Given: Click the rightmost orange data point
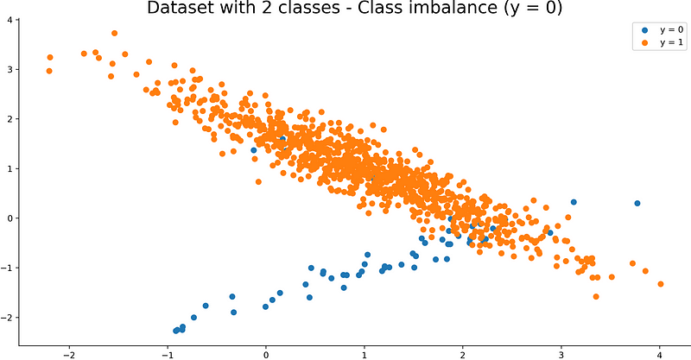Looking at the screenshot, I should (x=661, y=284).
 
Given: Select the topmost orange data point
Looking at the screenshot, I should (x=114, y=34).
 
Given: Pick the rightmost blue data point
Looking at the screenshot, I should (x=637, y=203).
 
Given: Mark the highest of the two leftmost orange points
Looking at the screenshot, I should (x=50, y=58).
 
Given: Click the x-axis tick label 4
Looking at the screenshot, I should (x=660, y=354).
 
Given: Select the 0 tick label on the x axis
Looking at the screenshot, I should (x=266, y=354).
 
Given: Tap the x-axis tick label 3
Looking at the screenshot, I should (x=561, y=354).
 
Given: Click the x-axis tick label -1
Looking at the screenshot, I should (x=166, y=354).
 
